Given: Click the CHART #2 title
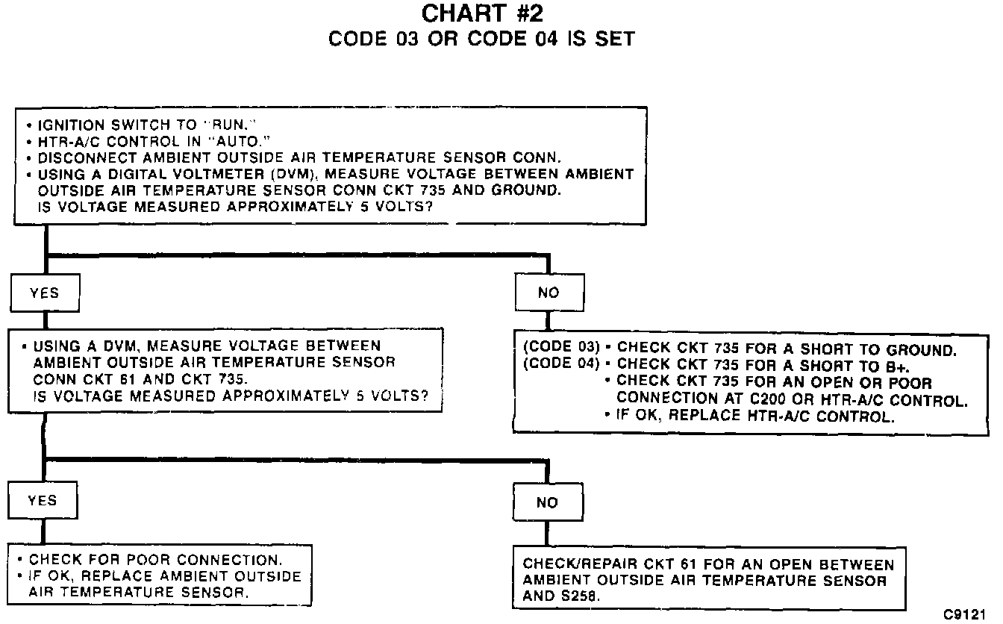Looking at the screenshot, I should click(481, 13).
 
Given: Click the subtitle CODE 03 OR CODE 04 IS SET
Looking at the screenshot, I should click(481, 39).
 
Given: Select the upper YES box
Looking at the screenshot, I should click(44, 293).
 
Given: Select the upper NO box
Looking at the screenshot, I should click(549, 293).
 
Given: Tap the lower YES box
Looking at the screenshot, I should click(43, 501).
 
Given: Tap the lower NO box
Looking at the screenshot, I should click(547, 503).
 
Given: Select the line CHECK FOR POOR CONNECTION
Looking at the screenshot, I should click(155, 560).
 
